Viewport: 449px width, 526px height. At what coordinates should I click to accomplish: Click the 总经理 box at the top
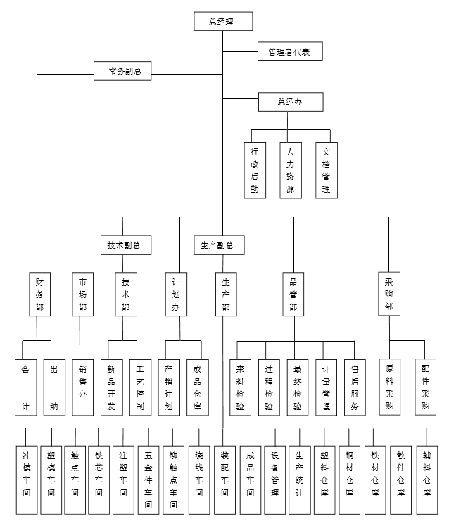click(x=222, y=22)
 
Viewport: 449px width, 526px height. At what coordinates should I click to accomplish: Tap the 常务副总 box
click(x=123, y=71)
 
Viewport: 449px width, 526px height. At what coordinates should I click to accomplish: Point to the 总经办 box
click(x=289, y=102)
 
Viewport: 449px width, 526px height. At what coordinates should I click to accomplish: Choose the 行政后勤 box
click(x=254, y=169)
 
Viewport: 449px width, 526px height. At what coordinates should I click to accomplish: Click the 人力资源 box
click(x=289, y=169)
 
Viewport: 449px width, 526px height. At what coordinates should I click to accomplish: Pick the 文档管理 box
click(x=325, y=169)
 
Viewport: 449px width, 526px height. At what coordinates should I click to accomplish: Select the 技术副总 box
click(x=124, y=245)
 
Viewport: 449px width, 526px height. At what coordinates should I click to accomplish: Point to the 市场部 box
click(x=82, y=295)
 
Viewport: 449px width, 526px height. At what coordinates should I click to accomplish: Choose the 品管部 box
click(x=293, y=295)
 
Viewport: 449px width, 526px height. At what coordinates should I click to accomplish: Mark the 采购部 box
click(x=388, y=295)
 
